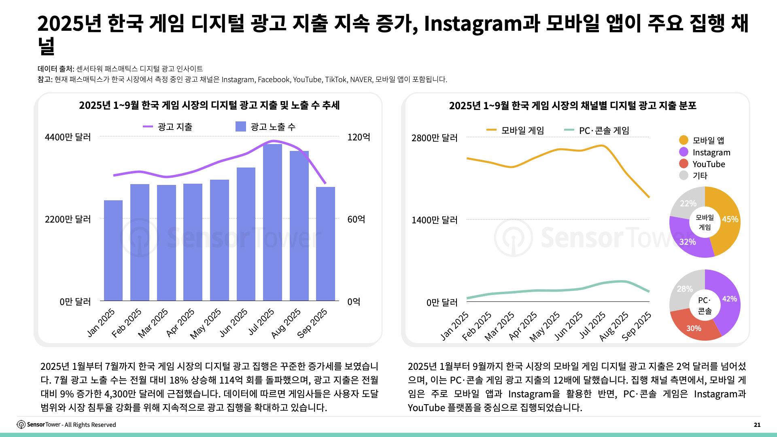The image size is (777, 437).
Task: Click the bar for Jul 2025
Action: tap(272, 223)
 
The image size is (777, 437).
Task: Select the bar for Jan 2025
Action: tap(113, 251)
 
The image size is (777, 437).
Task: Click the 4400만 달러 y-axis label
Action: tap(68, 137)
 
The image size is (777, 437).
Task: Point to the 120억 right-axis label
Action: tap(359, 137)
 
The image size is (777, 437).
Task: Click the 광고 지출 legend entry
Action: tap(168, 127)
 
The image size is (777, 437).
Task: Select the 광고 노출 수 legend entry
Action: tap(265, 127)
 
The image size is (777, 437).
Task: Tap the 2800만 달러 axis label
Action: tap(434, 138)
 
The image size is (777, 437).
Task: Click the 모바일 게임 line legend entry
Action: tap(515, 130)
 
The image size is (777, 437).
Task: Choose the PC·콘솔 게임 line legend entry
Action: tap(597, 130)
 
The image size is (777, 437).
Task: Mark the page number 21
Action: tap(757, 424)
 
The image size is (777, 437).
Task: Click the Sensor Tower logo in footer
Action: tap(21, 424)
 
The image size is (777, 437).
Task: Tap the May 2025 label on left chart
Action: tap(206, 323)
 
